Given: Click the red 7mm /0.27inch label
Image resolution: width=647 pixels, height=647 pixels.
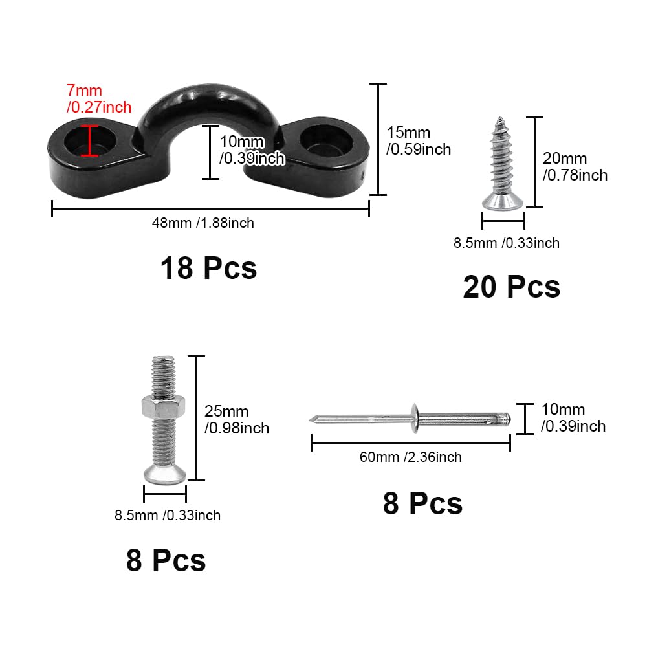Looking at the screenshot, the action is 99,98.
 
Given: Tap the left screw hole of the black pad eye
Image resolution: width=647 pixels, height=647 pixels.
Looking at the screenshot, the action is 89,140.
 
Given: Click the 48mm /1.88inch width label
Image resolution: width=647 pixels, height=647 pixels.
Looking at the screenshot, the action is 203,223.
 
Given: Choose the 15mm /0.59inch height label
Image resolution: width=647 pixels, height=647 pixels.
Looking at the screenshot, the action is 419,140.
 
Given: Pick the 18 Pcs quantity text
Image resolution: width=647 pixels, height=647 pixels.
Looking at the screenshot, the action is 208,269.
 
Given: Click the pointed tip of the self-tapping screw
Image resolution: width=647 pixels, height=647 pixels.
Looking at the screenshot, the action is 500,118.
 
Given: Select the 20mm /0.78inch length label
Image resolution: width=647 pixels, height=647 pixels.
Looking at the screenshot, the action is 575,167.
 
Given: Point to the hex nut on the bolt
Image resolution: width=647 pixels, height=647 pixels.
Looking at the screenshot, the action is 164,406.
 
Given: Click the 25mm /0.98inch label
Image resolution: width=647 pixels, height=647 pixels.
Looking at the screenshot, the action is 236,420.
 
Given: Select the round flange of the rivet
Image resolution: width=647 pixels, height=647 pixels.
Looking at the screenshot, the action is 415,419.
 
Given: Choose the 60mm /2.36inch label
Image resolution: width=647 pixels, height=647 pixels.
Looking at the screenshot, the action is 411,457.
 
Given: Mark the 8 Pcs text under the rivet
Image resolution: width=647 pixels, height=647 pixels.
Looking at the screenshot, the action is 423,503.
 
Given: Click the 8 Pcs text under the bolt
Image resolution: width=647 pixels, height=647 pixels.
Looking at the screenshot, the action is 166,560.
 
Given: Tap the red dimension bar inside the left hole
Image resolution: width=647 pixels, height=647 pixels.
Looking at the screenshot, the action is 89,140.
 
